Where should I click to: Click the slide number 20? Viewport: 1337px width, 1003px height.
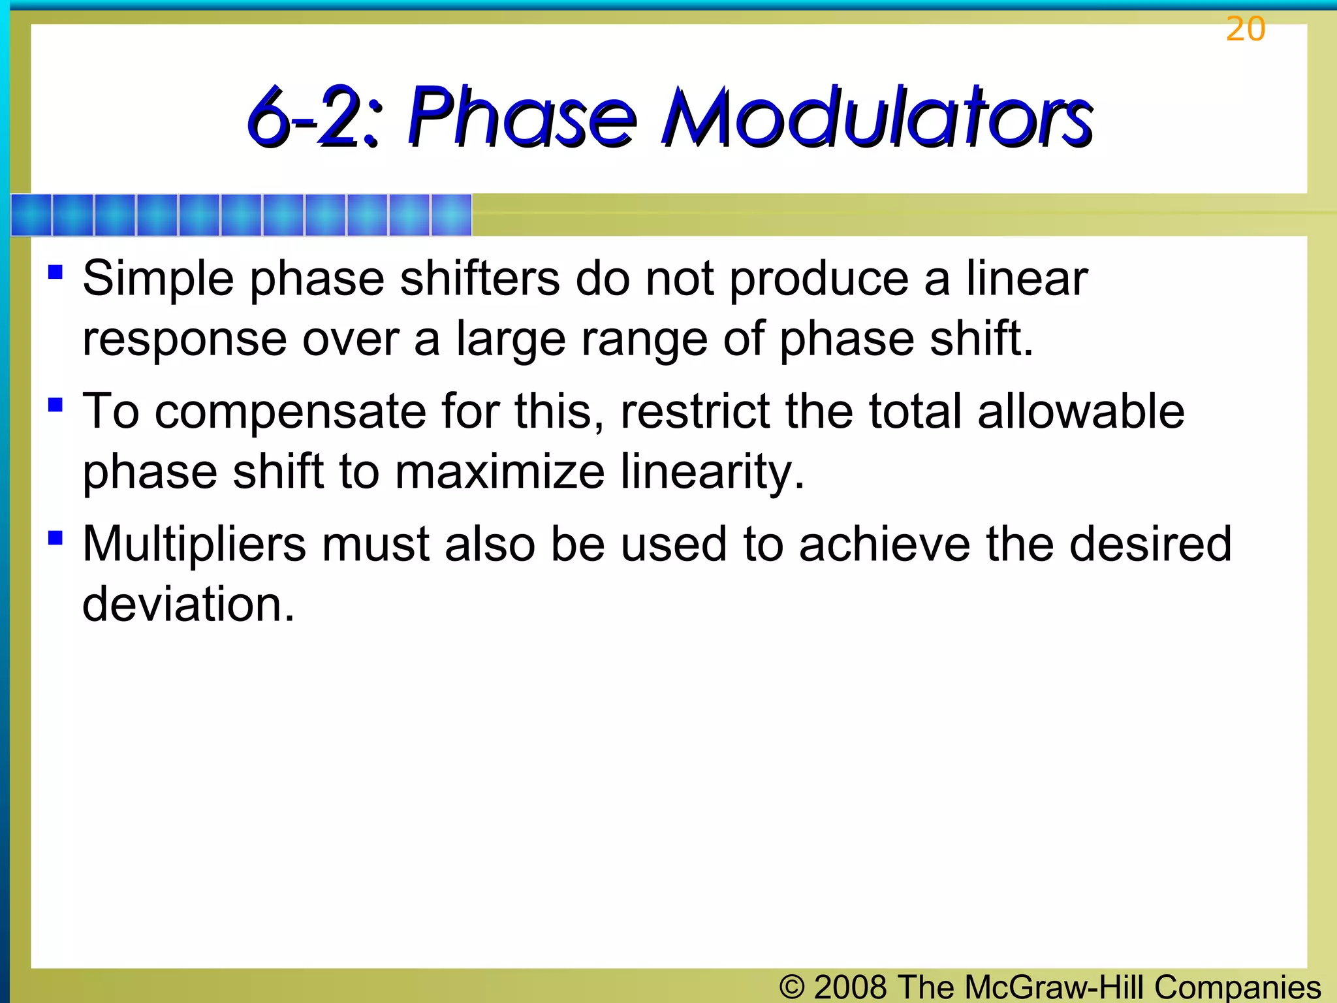tap(1245, 29)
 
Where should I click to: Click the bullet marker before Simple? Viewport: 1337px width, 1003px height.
tap(55, 271)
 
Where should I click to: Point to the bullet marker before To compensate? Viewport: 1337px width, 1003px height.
tap(55, 405)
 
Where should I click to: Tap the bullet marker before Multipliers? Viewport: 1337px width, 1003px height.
tap(55, 537)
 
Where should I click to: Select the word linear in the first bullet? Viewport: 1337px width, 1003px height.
tap(1026, 279)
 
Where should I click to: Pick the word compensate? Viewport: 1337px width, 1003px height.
tap(290, 413)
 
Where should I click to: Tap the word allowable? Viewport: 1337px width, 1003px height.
tap(1080, 413)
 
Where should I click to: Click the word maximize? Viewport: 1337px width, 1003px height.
tap(499, 473)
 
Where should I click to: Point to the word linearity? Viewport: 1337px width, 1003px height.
tap(712, 473)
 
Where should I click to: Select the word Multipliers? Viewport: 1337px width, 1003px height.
tap(194, 545)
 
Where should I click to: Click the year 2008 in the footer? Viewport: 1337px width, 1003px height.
tap(850, 987)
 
